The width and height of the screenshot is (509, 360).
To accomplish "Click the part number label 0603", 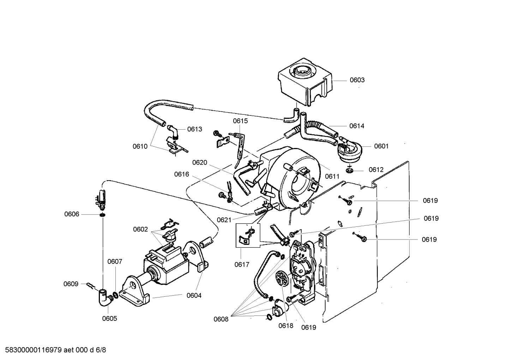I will tap(357, 80).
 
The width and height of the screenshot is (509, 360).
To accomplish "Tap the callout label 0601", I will tap(381, 146).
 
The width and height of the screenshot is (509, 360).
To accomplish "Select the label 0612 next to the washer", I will tap(376, 170).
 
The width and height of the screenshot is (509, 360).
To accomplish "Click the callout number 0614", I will tap(357, 126).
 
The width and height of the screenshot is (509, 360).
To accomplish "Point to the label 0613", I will tap(194, 129).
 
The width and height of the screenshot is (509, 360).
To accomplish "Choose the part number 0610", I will tap(140, 147).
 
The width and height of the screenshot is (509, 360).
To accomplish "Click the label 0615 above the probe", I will tap(240, 121).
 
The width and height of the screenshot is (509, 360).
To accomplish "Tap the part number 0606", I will tap(72, 214).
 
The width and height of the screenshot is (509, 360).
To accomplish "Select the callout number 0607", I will tap(115, 262).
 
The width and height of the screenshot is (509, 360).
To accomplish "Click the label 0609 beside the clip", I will tap(71, 284).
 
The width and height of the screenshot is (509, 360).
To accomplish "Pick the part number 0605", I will tap(109, 319).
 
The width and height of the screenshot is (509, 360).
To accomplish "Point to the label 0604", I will tap(194, 296).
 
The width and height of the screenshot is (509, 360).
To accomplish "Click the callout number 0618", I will tap(286, 326).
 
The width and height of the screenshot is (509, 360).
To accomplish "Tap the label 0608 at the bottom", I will tap(221, 319).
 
